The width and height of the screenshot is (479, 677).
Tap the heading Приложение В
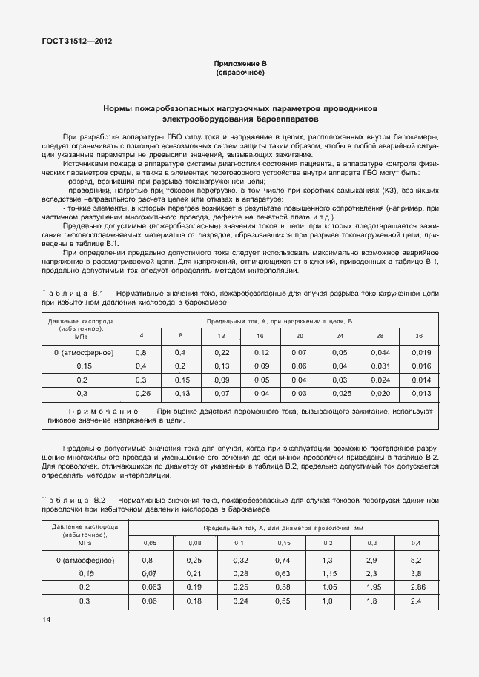239,65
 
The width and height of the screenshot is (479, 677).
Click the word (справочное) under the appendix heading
239,73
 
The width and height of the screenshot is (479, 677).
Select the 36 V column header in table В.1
420,336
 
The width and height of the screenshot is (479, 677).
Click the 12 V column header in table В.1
221,336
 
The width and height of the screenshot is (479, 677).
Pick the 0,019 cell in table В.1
420,352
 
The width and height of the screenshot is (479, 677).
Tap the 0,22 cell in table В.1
221,352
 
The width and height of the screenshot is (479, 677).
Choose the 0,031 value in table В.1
380,366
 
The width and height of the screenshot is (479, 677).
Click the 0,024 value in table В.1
380,379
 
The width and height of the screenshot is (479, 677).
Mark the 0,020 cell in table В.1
380,393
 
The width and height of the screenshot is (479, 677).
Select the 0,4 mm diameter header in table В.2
416,544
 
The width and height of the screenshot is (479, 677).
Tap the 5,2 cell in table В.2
416,560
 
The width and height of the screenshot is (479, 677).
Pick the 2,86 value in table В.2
416,587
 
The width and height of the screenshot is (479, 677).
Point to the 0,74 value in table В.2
283,560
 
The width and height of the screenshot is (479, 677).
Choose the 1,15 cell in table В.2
328,573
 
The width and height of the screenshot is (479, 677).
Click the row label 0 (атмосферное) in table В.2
85,560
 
